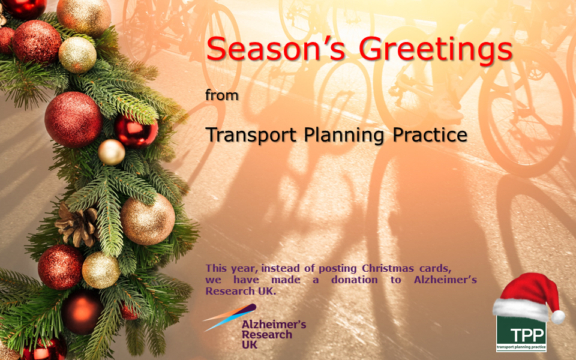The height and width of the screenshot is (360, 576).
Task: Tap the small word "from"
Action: pyautogui.click(x=222, y=95)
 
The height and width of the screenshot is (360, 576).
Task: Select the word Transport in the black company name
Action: pyautogui.click(x=251, y=135)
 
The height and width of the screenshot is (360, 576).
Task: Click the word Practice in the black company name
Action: pyautogui.click(x=430, y=134)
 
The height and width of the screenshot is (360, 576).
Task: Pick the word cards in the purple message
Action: pyautogui.click(x=436, y=269)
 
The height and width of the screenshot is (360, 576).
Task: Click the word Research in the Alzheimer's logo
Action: pyautogui.click(x=267, y=335)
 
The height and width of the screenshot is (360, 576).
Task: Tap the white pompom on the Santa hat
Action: pyautogui.click(x=558, y=317)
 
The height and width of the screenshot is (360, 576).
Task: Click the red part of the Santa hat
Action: pyautogui.click(x=527, y=289)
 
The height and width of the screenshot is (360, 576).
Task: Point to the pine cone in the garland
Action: pyautogui.click(x=78, y=225)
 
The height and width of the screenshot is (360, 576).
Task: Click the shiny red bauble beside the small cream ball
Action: pyautogui.click(x=136, y=131)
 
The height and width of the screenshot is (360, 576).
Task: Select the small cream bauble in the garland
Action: pyautogui.click(x=112, y=152)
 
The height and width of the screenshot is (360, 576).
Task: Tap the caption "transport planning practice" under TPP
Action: pyautogui.click(x=521, y=347)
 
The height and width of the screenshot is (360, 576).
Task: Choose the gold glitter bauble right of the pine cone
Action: pyautogui.click(x=148, y=220)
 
